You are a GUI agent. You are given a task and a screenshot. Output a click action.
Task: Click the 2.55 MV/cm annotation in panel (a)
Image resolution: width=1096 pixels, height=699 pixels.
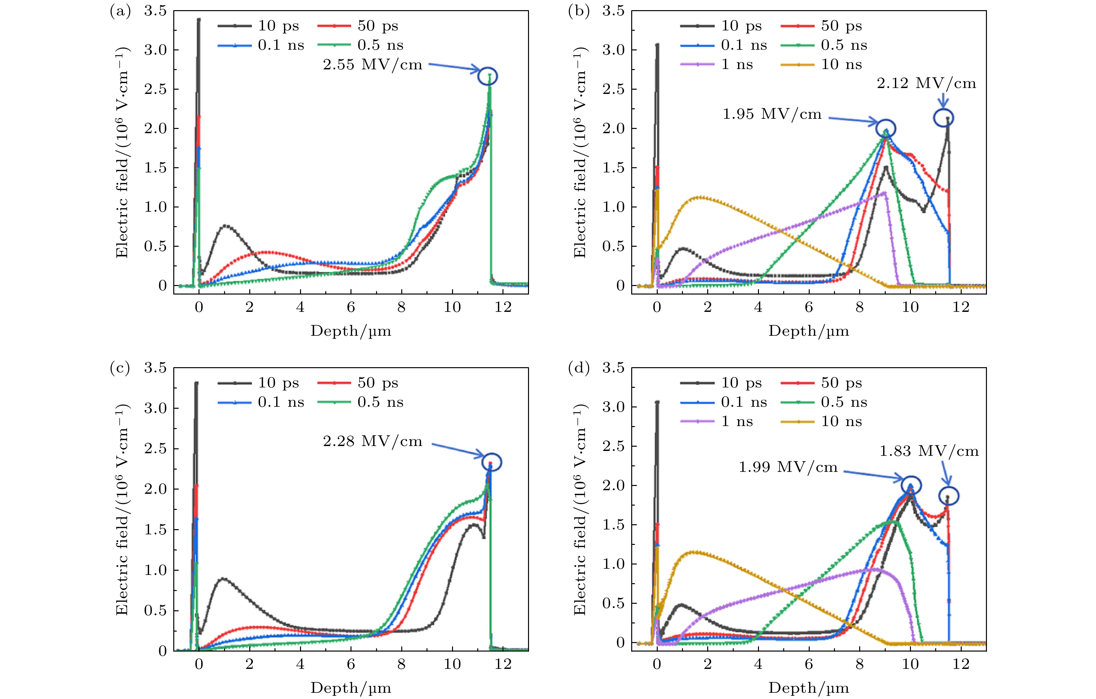372,65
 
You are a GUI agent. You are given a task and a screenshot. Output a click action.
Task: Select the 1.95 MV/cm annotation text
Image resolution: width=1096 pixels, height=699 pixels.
772,114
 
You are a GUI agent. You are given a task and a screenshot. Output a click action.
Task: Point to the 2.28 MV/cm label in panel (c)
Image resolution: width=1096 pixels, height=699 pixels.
372,441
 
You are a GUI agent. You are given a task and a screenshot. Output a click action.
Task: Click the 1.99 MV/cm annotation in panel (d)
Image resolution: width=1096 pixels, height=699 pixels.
788,468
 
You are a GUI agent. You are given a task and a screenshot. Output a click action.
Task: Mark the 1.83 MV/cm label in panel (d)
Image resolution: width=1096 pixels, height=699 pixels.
929,451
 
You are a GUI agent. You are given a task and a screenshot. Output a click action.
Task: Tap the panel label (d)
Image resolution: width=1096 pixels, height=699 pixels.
578,368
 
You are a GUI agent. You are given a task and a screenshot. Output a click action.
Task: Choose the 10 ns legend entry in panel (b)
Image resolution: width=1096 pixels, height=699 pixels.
821,64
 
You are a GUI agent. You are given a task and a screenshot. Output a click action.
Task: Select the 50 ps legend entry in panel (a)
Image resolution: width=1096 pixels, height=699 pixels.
358,26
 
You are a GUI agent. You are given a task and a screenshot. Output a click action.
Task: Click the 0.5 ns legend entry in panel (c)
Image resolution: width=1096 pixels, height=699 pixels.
361,403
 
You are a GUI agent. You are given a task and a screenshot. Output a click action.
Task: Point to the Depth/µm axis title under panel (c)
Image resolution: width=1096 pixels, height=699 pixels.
351,688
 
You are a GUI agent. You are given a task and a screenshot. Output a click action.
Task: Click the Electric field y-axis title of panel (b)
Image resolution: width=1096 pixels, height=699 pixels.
579,152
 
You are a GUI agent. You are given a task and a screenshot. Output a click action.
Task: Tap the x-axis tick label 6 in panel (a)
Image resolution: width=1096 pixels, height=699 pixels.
350,307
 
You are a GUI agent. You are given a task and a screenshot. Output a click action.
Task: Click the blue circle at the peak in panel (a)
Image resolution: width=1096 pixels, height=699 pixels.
487,76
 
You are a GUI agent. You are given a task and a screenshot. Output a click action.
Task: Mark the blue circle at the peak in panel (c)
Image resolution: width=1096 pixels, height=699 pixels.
492,462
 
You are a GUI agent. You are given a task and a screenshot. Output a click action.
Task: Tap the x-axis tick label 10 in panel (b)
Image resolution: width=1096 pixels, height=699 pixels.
910,307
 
